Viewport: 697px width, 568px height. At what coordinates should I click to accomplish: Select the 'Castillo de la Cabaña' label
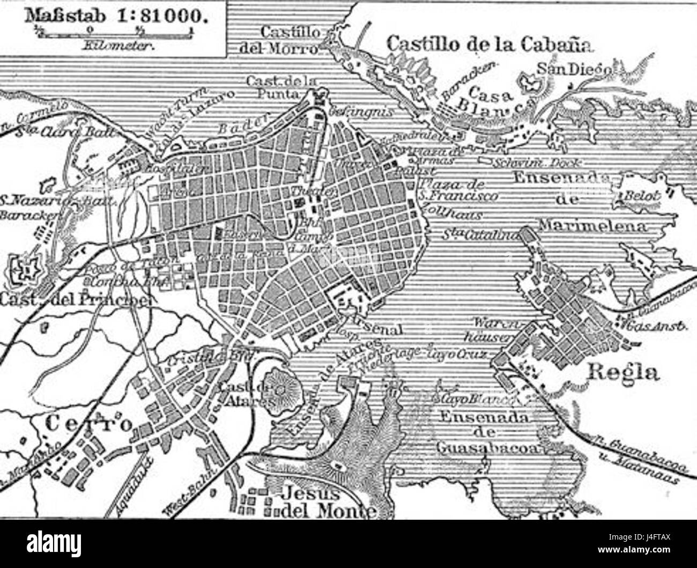[x=490, y=43]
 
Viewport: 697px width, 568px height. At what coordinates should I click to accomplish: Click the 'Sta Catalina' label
[x=479, y=234]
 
